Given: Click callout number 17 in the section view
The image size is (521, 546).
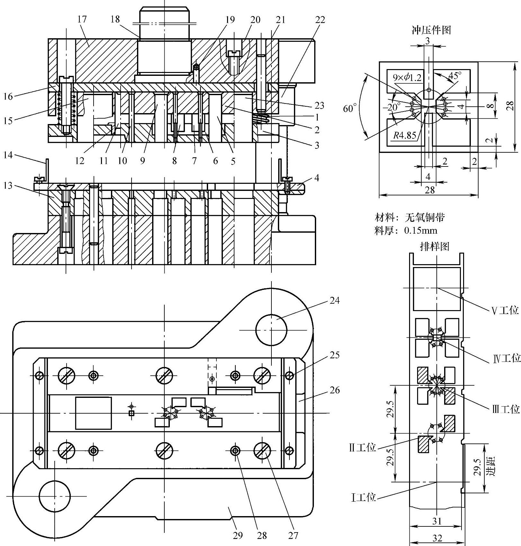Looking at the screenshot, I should tap(82, 19).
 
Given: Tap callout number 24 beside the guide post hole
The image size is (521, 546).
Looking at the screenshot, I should tap(334, 300).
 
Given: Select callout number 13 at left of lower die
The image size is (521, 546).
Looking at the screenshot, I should tap(8, 185).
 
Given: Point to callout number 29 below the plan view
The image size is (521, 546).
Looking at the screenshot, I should tap(238, 535).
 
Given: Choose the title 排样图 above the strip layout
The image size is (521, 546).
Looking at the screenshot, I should tap(434, 246).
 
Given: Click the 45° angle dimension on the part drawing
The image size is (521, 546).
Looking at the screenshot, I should tap(455, 76).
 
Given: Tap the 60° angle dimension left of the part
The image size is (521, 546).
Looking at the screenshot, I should tap(350, 109).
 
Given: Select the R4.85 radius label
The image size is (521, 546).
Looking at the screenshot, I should tap(405, 135).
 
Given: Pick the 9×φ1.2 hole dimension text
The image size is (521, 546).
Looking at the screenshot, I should tap(407, 77).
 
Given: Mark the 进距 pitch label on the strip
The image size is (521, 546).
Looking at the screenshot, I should tap(489, 466).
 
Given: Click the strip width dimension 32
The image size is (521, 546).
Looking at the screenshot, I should tap(437, 538).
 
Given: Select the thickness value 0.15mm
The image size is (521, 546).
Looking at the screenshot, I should tap(421, 230).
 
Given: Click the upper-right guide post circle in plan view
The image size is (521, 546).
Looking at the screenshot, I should tap(271, 330).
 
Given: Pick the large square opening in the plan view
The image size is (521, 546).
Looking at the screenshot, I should tap(94, 413).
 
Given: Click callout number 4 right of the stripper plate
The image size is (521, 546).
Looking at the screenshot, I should tap(317, 178).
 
